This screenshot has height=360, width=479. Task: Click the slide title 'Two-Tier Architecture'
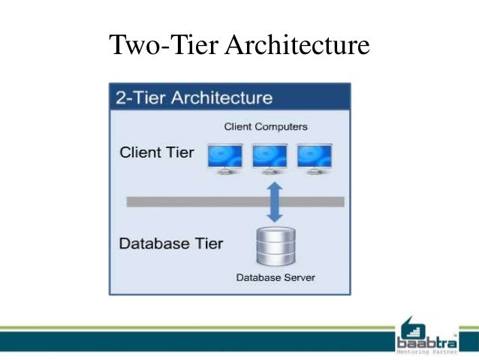point(239,46)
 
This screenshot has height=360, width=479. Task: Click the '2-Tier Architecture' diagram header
point(193,98)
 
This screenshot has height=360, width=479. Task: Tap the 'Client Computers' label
point(266,126)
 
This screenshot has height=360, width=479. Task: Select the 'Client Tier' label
point(157,153)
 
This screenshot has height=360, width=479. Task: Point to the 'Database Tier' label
point(171,244)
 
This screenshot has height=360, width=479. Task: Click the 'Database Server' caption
point(276,277)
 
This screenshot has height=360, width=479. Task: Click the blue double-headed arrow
point(275,201)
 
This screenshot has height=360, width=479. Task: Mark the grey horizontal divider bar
point(188,201)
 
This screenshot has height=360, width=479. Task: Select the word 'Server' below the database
point(298,277)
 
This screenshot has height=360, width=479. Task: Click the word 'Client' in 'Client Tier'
point(140,153)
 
